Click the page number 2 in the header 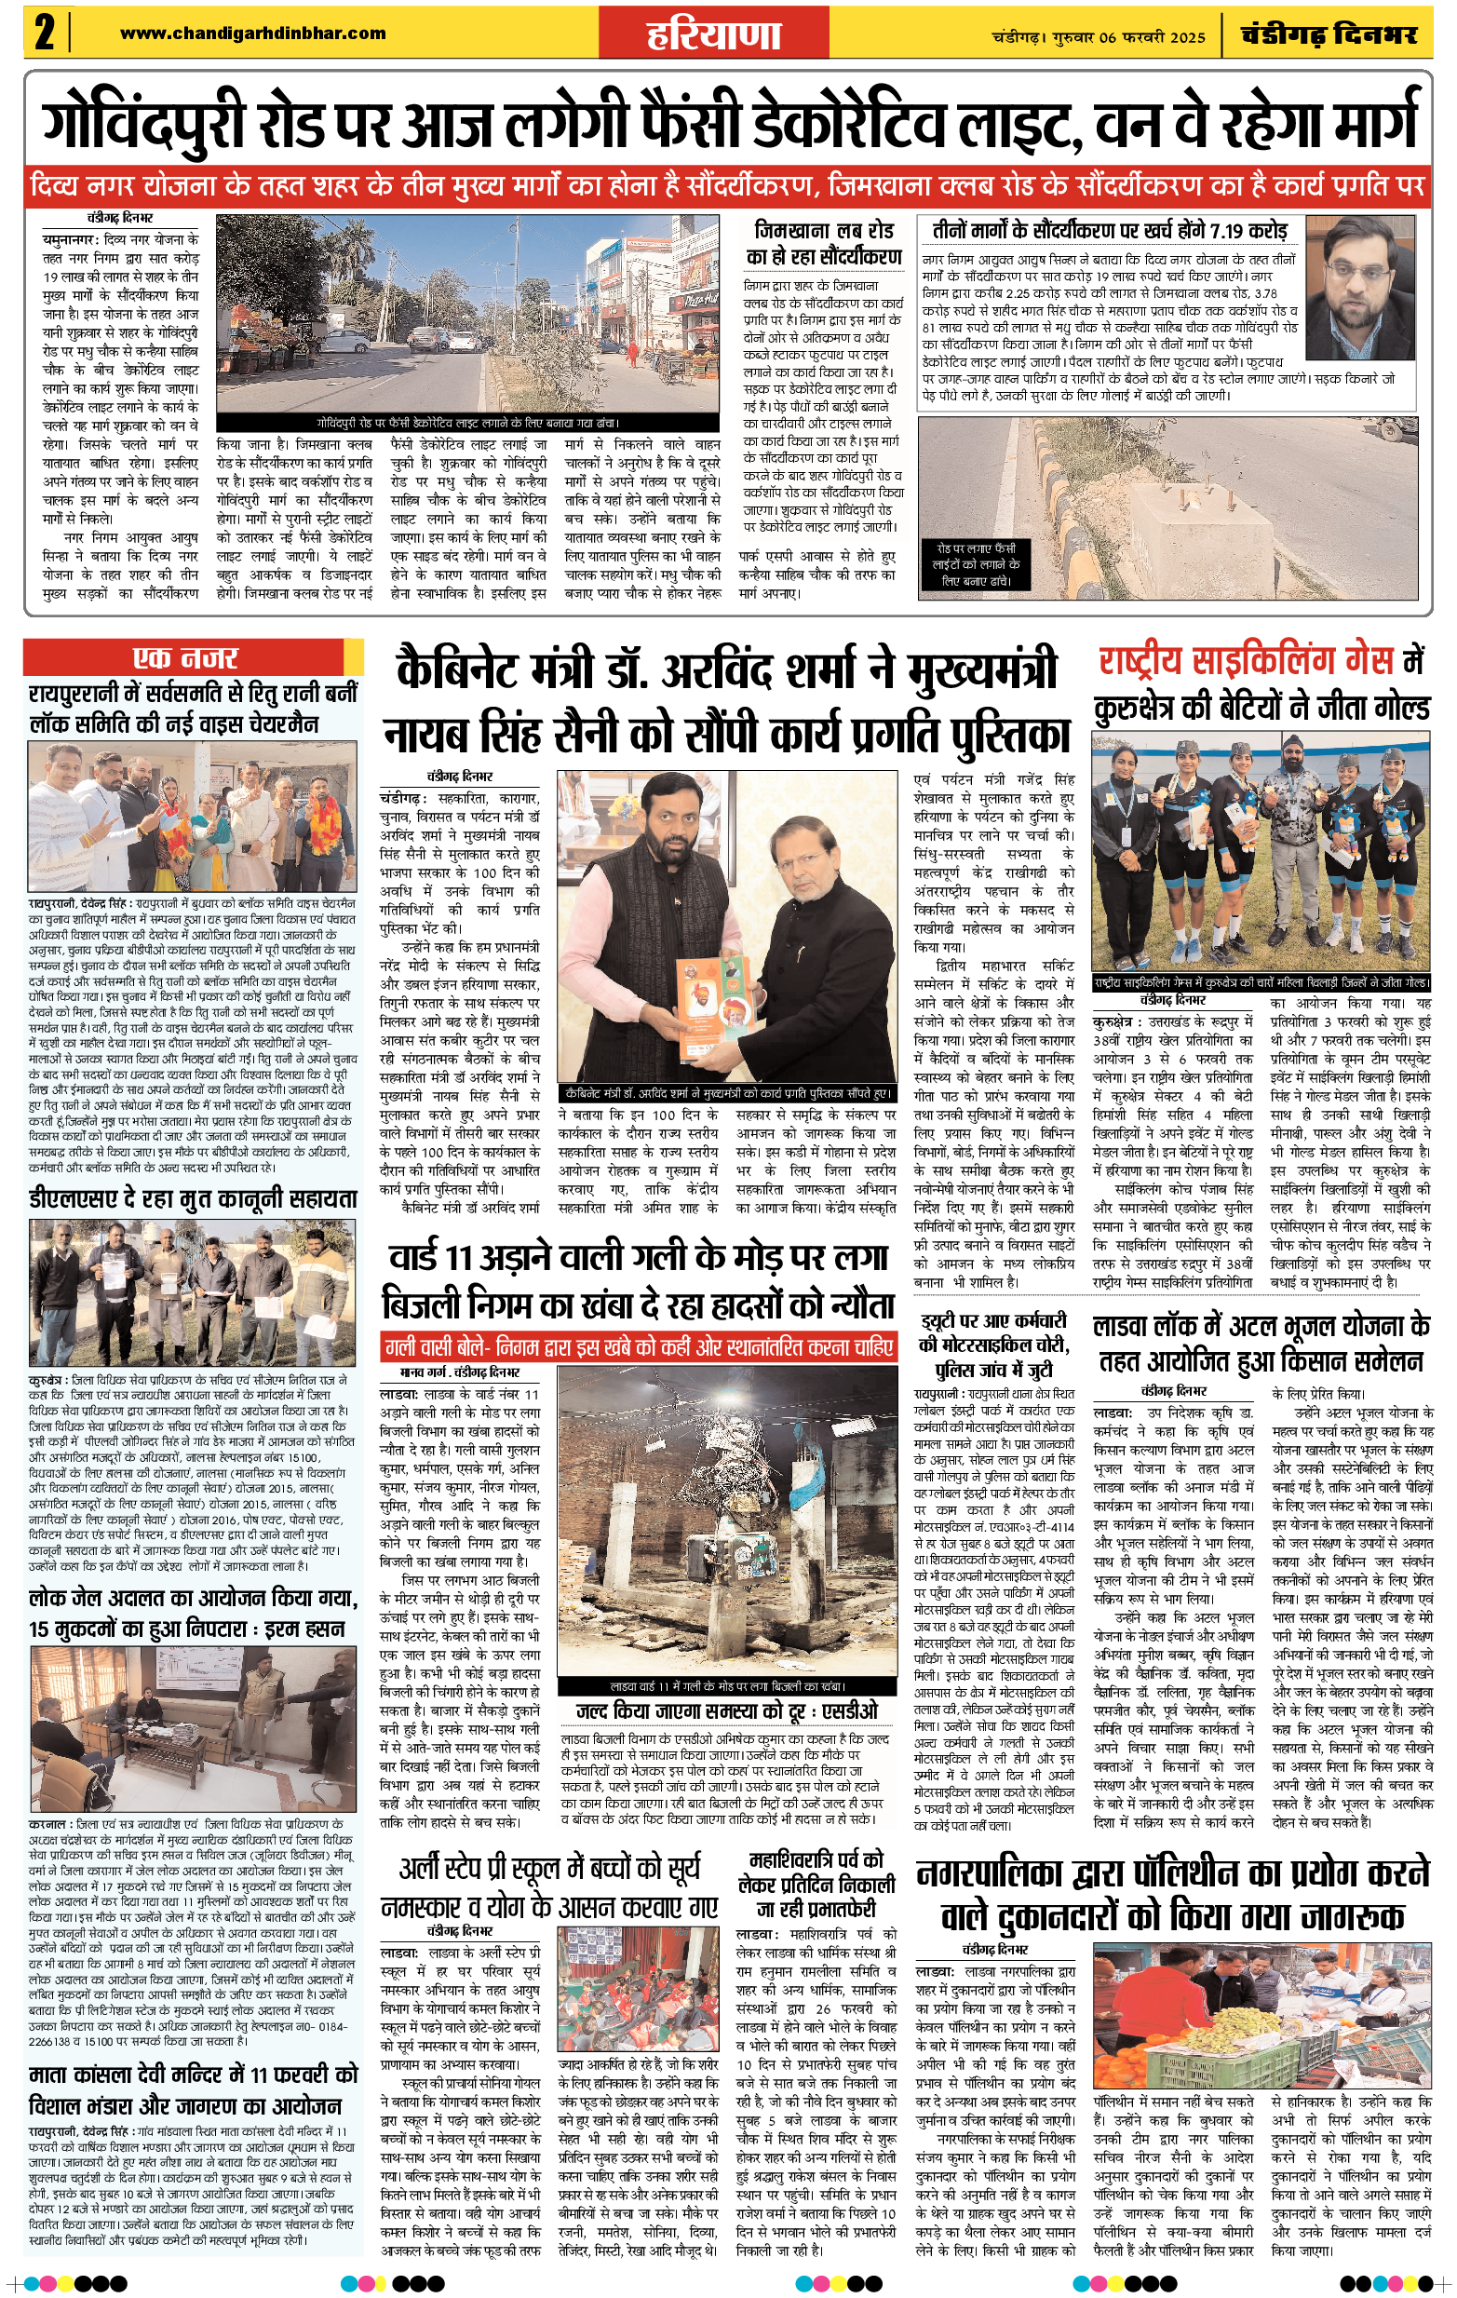click(x=44, y=34)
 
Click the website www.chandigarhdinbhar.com click(x=253, y=34)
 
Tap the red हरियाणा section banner click(x=713, y=35)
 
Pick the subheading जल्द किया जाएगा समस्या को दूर click(x=727, y=1711)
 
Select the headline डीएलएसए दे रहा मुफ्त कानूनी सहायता click(x=193, y=1197)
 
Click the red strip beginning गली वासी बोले click(x=639, y=1347)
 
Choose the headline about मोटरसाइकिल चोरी click(x=993, y=1345)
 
